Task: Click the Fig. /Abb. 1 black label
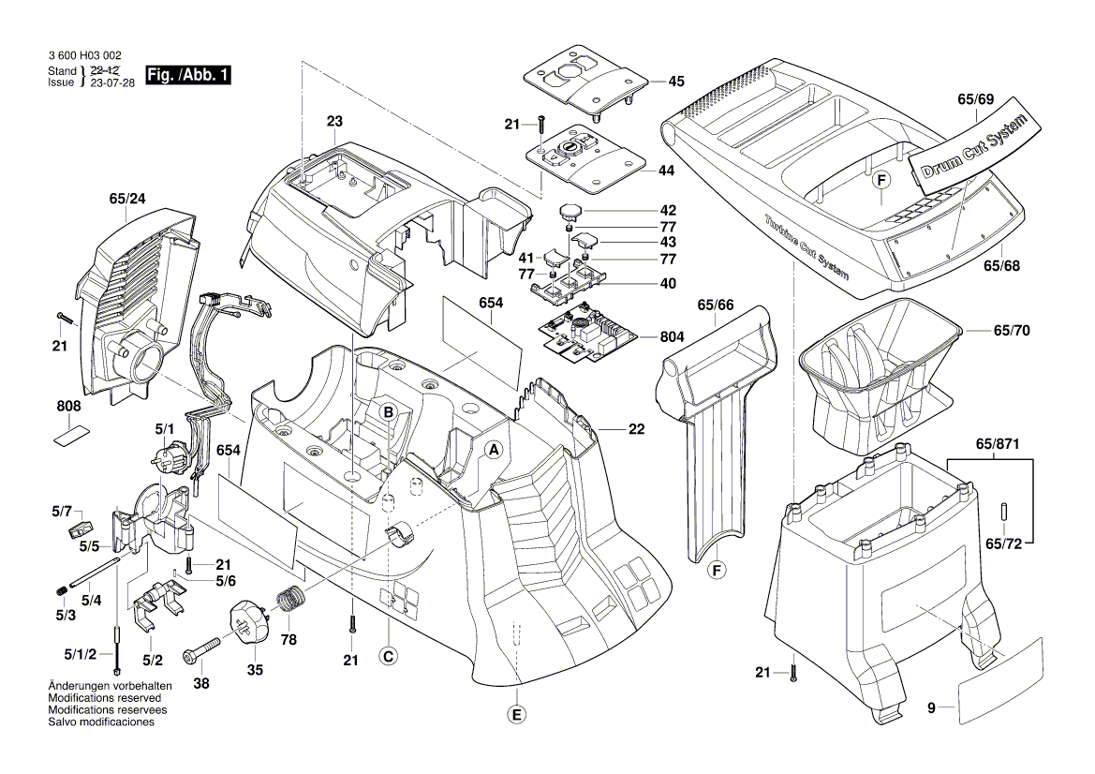click(x=187, y=74)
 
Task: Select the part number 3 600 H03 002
click(x=83, y=57)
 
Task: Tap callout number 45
click(x=675, y=82)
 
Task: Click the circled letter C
click(x=387, y=657)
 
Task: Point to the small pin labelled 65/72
click(x=1002, y=513)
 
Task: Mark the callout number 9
click(x=931, y=709)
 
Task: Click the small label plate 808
click(x=70, y=435)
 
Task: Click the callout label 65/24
click(x=128, y=200)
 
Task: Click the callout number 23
click(x=334, y=121)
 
